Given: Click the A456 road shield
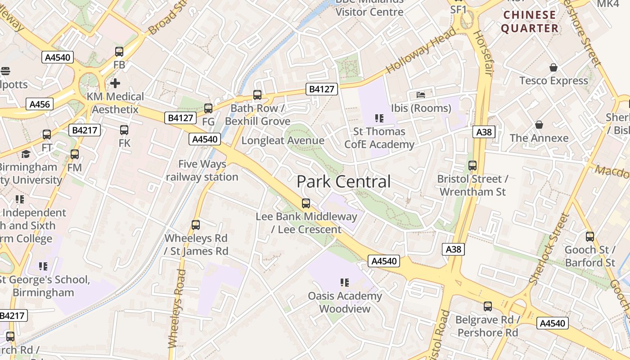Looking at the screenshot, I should [x=40, y=104].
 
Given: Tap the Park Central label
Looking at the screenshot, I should [x=344, y=182].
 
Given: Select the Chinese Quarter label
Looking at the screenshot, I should [x=530, y=22].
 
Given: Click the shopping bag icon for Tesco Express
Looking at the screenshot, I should [x=553, y=67].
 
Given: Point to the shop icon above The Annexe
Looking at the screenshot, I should [x=539, y=125].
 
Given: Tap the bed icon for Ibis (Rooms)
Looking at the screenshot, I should [x=421, y=95].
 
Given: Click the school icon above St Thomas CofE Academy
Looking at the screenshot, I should [x=379, y=118].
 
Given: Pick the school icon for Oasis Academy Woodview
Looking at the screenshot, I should [x=345, y=283].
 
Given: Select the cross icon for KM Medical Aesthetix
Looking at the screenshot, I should [x=115, y=83].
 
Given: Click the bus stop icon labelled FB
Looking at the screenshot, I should [x=119, y=52].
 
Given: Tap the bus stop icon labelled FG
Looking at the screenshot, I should [x=208, y=108].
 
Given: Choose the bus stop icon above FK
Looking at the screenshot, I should [x=124, y=130].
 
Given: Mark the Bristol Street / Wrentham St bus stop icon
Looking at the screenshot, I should [x=472, y=166].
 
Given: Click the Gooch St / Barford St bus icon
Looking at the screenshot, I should [x=590, y=236].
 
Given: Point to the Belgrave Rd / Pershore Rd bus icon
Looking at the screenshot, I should [x=488, y=307].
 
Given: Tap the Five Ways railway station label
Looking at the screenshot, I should [x=202, y=171].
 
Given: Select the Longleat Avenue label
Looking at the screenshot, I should [x=283, y=140].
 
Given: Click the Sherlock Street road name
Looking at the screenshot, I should [x=549, y=249].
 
